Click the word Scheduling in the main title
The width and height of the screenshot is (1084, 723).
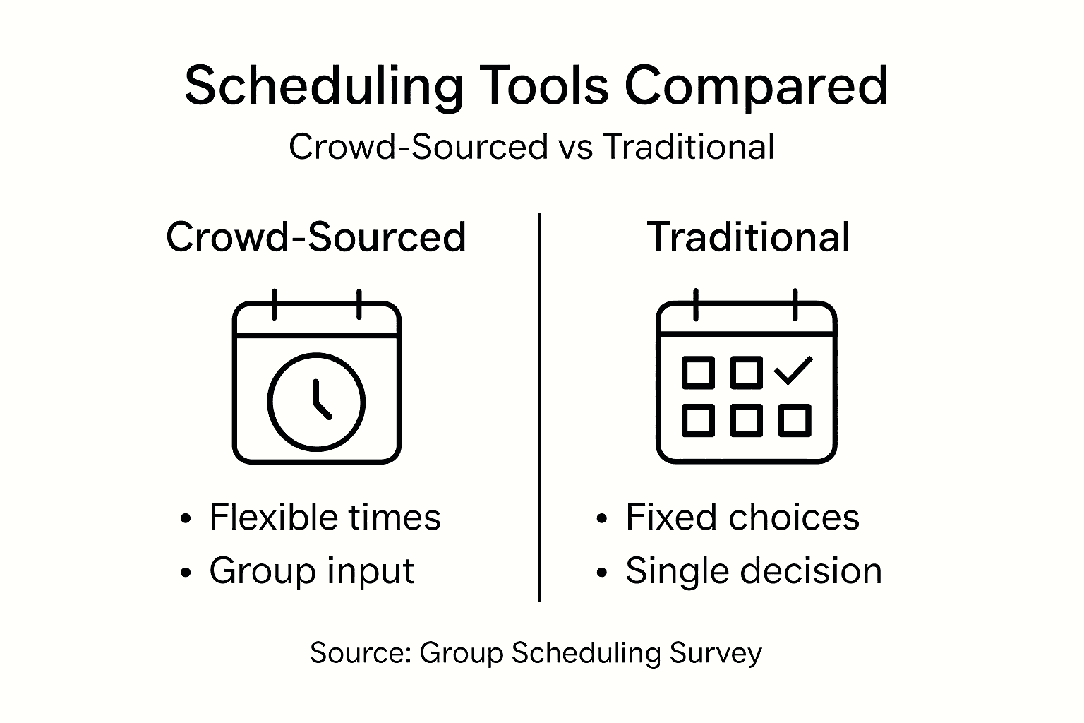pyautogui.click(x=323, y=87)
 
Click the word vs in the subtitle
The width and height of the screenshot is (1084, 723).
pyautogui.click(x=575, y=147)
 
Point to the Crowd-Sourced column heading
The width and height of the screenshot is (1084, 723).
pyautogui.click(x=316, y=237)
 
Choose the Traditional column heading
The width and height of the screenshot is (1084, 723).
pyautogui.click(x=748, y=237)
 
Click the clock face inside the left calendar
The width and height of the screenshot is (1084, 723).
pyautogui.click(x=316, y=402)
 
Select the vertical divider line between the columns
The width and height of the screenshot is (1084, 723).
pyautogui.click(x=540, y=407)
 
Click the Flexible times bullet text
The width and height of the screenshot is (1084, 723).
pyautogui.click(x=325, y=518)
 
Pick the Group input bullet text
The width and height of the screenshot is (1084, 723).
pyautogui.click(x=312, y=571)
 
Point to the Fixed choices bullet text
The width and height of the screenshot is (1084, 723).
pyautogui.click(x=742, y=518)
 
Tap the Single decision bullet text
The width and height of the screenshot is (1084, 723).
pyautogui.click(x=754, y=571)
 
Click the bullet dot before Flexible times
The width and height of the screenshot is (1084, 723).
pyautogui.click(x=186, y=519)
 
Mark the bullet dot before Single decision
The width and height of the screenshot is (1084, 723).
pyautogui.click(x=601, y=573)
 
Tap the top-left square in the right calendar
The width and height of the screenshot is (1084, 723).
pyautogui.click(x=698, y=372)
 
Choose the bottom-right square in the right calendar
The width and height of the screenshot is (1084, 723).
pyautogui.click(x=795, y=420)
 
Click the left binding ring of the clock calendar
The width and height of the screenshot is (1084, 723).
pyautogui.click(x=275, y=304)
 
